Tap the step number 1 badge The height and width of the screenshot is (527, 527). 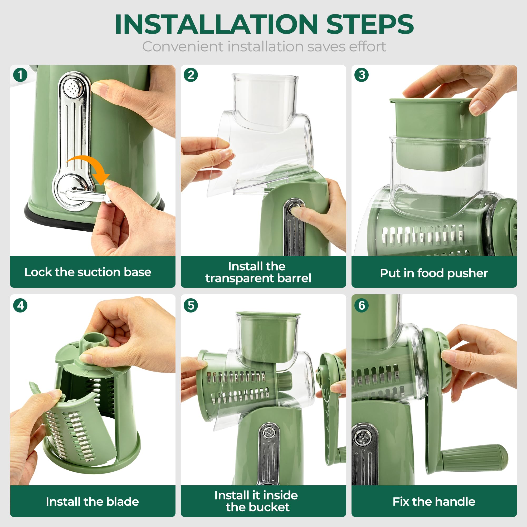[20, 75]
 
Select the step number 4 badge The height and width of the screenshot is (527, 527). [20, 305]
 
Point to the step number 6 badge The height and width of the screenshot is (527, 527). [362, 305]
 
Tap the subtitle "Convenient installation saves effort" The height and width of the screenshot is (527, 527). [264, 46]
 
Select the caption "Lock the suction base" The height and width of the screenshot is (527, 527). [87, 272]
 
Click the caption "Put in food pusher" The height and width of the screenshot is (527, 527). [434, 273]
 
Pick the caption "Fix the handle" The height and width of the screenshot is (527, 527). [434, 501]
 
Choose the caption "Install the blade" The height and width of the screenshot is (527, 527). [92, 501]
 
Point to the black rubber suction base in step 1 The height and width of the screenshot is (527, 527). [55, 218]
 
